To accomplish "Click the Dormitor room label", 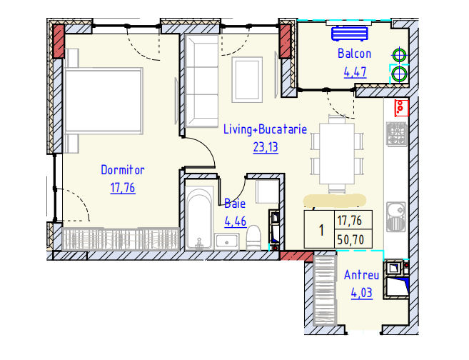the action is pos(123,170).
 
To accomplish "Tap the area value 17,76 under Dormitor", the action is pos(123,188).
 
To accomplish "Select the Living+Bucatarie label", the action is pos(266,129).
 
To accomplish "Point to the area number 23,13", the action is pos(266,147).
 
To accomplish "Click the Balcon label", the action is pos(355,54).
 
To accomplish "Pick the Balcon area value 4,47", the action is pos(355,72).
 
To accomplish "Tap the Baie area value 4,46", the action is pos(236,221).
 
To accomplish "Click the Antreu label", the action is pos(362,275).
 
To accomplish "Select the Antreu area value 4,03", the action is pos(362,293).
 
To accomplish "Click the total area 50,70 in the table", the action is pos(351,239).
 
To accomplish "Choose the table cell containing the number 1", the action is pos(319,229).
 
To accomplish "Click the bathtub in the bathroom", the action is pos(199,218).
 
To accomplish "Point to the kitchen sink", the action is pos(396,217).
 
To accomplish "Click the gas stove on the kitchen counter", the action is pos(396,134).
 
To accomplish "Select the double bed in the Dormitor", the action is pos(104,101).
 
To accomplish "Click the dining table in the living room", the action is pos(337,154).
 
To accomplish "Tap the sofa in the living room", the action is pos(201,81).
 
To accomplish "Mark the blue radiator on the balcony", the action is pos(349,34).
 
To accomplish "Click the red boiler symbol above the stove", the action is pos(401,108).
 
